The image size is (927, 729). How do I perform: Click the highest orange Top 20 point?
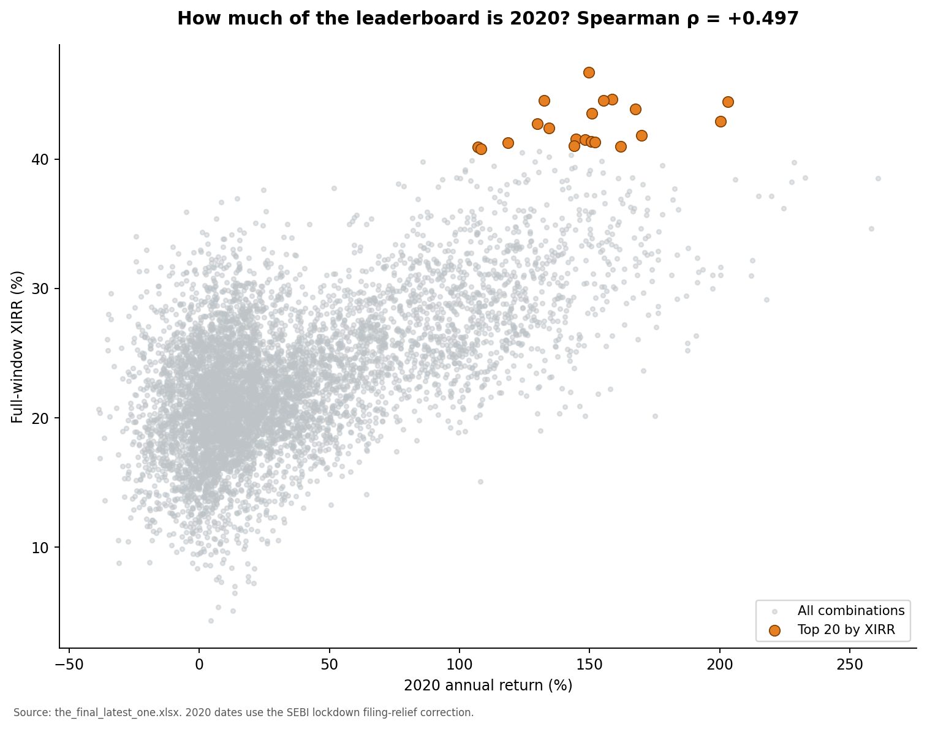click(x=589, y=72)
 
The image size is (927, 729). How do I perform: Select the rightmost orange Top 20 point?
click(x=728, y=102)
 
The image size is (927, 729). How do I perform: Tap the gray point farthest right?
click(x=878, y=178)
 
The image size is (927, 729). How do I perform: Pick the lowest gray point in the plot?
click(x=211, y=621)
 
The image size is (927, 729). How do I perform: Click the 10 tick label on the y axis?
click(x=40, y=548)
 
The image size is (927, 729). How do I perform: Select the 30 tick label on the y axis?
click(x=40, y=289)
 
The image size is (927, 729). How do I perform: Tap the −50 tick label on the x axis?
click(x=69, y=665)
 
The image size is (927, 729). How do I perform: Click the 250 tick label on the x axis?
click(x=850, y=665)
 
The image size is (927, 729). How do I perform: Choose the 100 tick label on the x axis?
click(x=459, y=665)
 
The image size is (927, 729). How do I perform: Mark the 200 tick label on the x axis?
click(x=720, y=665)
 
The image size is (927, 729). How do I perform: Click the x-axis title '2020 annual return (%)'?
click(x=488, y=686)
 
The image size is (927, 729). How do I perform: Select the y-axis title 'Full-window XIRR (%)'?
click(x=17, y=347)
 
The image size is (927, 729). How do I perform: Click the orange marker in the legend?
click(x=774, y=631)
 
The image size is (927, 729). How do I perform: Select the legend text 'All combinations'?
click(x=851, y=611)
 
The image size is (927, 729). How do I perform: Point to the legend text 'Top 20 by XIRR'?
click(x=846, y=630)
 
